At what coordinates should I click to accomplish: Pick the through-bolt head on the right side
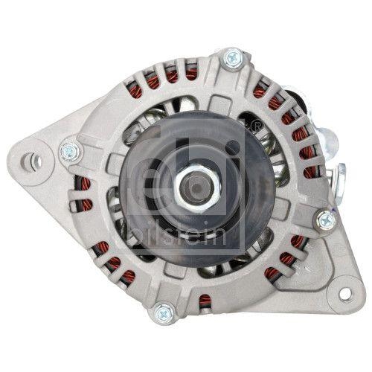click(326, 219)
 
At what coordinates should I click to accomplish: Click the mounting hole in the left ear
click(33, 160)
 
